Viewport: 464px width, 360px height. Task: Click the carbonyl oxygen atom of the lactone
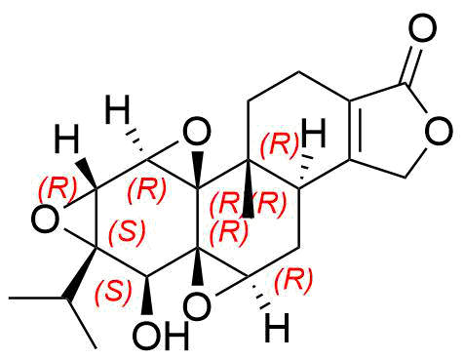point(422,28)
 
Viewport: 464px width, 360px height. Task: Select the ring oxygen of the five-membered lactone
point(439,132)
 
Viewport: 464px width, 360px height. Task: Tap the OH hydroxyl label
point(161,336)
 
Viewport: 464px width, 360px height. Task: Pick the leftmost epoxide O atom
point(46,220)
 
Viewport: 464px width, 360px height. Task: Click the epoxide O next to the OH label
point(197,304)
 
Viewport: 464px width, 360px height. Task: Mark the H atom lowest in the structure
point(277,328)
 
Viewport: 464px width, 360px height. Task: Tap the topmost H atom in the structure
point(118,109)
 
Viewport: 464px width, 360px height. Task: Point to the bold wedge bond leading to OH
point(147,296)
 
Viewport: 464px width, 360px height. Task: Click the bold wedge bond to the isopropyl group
point(82,272)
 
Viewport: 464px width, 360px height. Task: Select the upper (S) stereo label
point(127,233)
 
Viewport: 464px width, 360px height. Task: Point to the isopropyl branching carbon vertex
point(67,298)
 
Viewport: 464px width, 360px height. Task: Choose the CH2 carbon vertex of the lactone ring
point(406,178)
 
